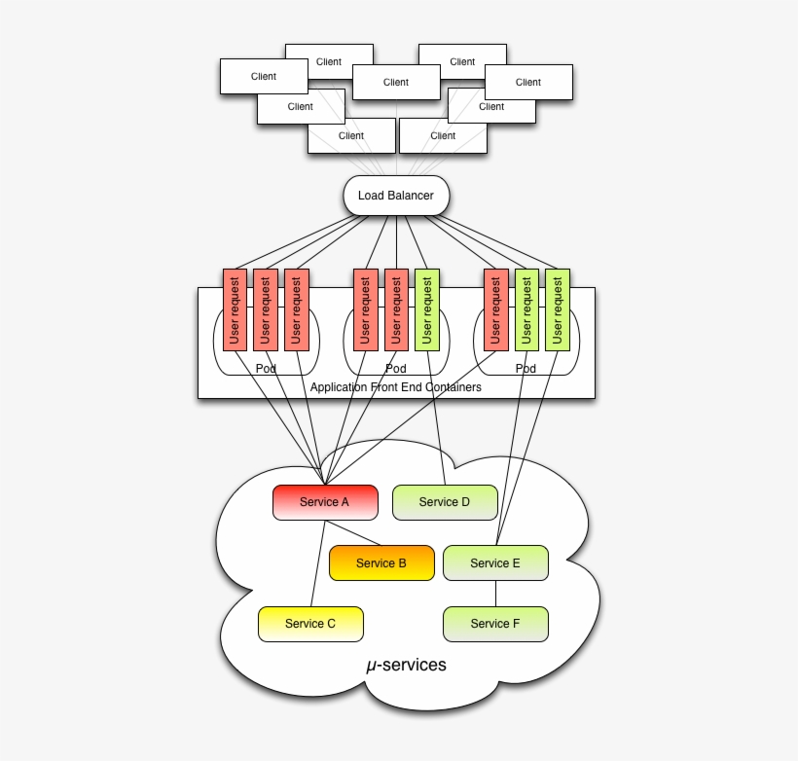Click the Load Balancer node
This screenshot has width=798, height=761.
click(x=396, y=196)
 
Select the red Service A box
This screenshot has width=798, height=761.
click(x=324, y=502)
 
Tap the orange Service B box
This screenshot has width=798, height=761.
click(x=381, y=562)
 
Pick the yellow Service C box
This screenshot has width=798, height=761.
click(x=310, y=624)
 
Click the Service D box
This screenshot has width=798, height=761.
click(x=445, y=502)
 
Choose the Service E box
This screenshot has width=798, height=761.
click(x=495, y=562)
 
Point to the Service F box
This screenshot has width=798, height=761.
click(x=495, y=624)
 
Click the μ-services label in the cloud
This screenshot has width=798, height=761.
click(x=406, y=666)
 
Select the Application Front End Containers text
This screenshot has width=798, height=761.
click(x=395, y=387)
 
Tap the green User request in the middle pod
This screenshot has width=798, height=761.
click(x=427, y=309)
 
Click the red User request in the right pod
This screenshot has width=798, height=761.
click(x=495, y=309)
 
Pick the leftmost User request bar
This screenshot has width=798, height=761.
click(x=235, y=309)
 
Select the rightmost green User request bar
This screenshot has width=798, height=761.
click(x=558, y=309)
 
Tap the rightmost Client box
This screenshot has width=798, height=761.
click(x=528, y=82)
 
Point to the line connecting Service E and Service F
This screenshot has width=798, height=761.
click(x=495, y=594)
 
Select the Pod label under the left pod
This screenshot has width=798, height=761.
click(x=266, y=369)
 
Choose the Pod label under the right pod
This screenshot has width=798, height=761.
click(x=526, y=369)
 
